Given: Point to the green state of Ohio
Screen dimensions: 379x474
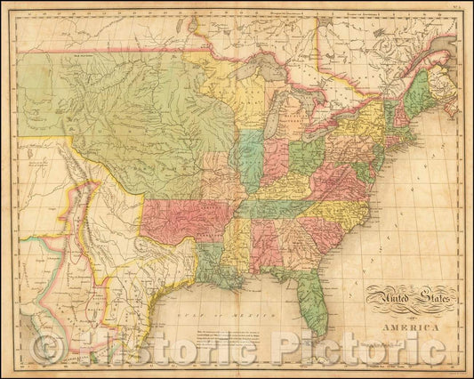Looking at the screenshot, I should tap(308, 152).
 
